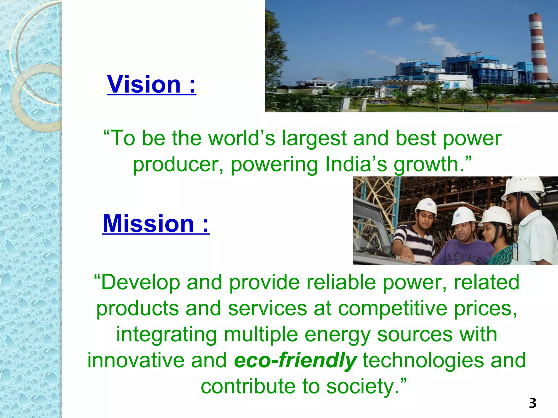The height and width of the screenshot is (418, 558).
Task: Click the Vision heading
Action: point(151,84)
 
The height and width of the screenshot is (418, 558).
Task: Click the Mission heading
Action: point(156,224)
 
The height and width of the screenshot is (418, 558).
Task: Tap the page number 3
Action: point(532,403)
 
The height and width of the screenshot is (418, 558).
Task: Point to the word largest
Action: point(314,138)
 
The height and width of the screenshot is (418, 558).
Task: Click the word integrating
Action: point(166,335)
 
